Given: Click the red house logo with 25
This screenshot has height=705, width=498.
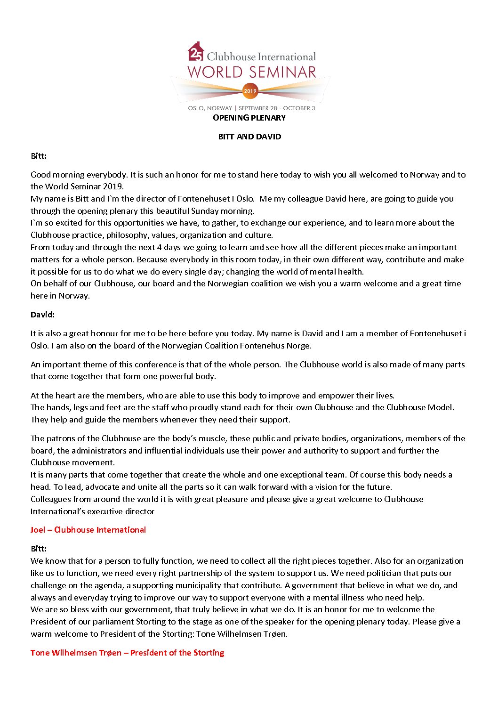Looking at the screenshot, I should [x=196, y=52].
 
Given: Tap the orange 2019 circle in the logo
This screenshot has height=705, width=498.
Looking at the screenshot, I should [x=250, y=90].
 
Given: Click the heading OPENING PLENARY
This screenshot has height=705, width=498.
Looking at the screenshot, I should [x=249, y=118].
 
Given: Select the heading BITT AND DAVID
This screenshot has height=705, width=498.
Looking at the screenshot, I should [x=249, y=137].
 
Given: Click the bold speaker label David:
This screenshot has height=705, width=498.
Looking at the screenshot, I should [x=42, y=315].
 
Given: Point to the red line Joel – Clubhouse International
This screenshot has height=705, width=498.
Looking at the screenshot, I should [x=88, y=530].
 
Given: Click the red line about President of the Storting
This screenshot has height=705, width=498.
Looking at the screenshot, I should [x=127, y=653].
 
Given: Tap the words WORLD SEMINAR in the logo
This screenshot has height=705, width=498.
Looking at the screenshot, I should [x=252, y=72].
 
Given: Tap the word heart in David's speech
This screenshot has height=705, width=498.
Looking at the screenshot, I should [x=60, y=396].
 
